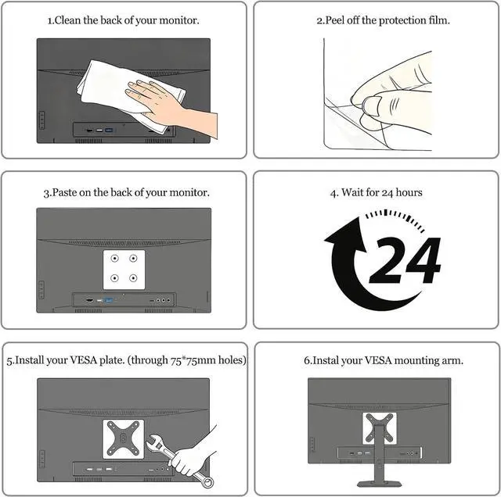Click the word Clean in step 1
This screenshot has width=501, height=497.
click(68, 20)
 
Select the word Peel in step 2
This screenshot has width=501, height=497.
click(335, 20)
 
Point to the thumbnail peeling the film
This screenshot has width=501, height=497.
click(372, 106)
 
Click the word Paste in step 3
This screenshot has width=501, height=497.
click(63, 193)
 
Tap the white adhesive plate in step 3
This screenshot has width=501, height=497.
click(124, 270)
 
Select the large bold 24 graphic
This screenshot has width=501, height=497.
click(405, 260)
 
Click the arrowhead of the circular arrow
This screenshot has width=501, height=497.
click(347, 234)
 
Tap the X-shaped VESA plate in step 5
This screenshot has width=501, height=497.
click(123, 438)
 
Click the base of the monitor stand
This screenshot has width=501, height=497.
click(379, 484)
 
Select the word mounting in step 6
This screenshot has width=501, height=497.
click(416, 361)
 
